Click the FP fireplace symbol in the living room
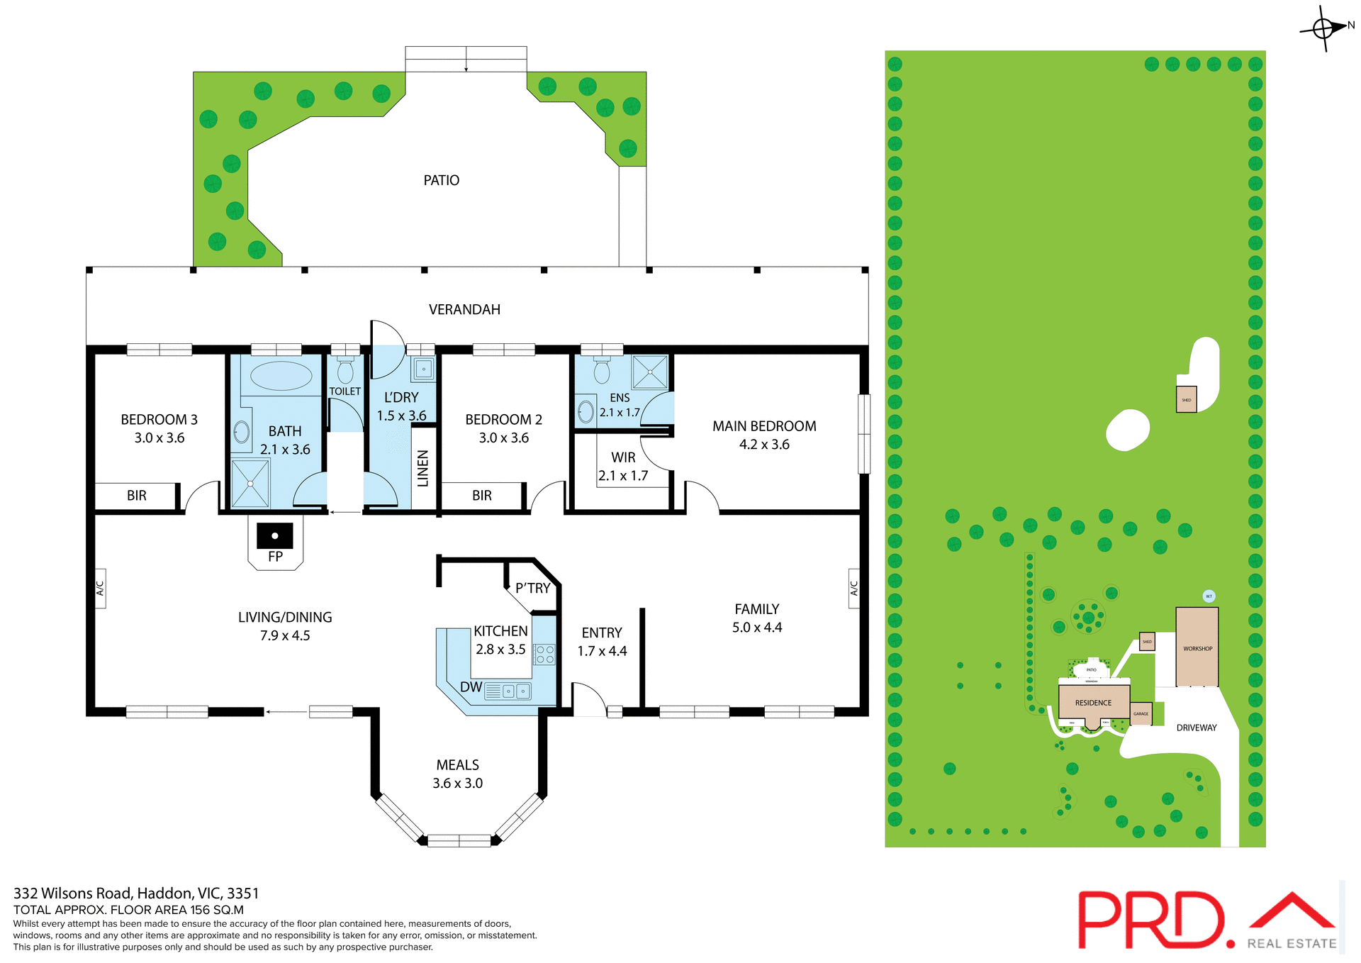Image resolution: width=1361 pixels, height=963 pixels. point(275,537)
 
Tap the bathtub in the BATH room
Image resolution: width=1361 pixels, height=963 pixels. point(281,376)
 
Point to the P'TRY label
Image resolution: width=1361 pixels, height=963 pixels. point(532,588)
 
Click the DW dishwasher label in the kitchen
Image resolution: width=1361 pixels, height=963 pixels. point(471,687)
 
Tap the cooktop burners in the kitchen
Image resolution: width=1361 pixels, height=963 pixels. point(545,654)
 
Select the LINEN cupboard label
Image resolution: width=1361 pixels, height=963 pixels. point(423,468)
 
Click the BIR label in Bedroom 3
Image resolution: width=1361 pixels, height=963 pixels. point(137,496)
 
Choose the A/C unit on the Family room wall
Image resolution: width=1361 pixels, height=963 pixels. point(853,589)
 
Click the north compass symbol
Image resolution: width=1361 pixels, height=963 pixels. point(1323,28)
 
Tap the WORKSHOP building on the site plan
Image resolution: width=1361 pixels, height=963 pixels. point(1197,647)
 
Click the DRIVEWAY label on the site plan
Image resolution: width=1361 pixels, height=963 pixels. point(1196,728)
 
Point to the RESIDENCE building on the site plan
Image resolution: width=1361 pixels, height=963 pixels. point(1093,702)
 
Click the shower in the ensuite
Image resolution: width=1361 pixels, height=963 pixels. point(650,372)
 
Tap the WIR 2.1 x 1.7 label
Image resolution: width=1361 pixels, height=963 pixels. point(623,467)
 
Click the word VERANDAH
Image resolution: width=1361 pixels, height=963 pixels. point(464,309)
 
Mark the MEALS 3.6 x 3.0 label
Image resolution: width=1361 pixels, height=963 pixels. point(458,774)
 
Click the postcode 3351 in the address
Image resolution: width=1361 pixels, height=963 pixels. point(243,894)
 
